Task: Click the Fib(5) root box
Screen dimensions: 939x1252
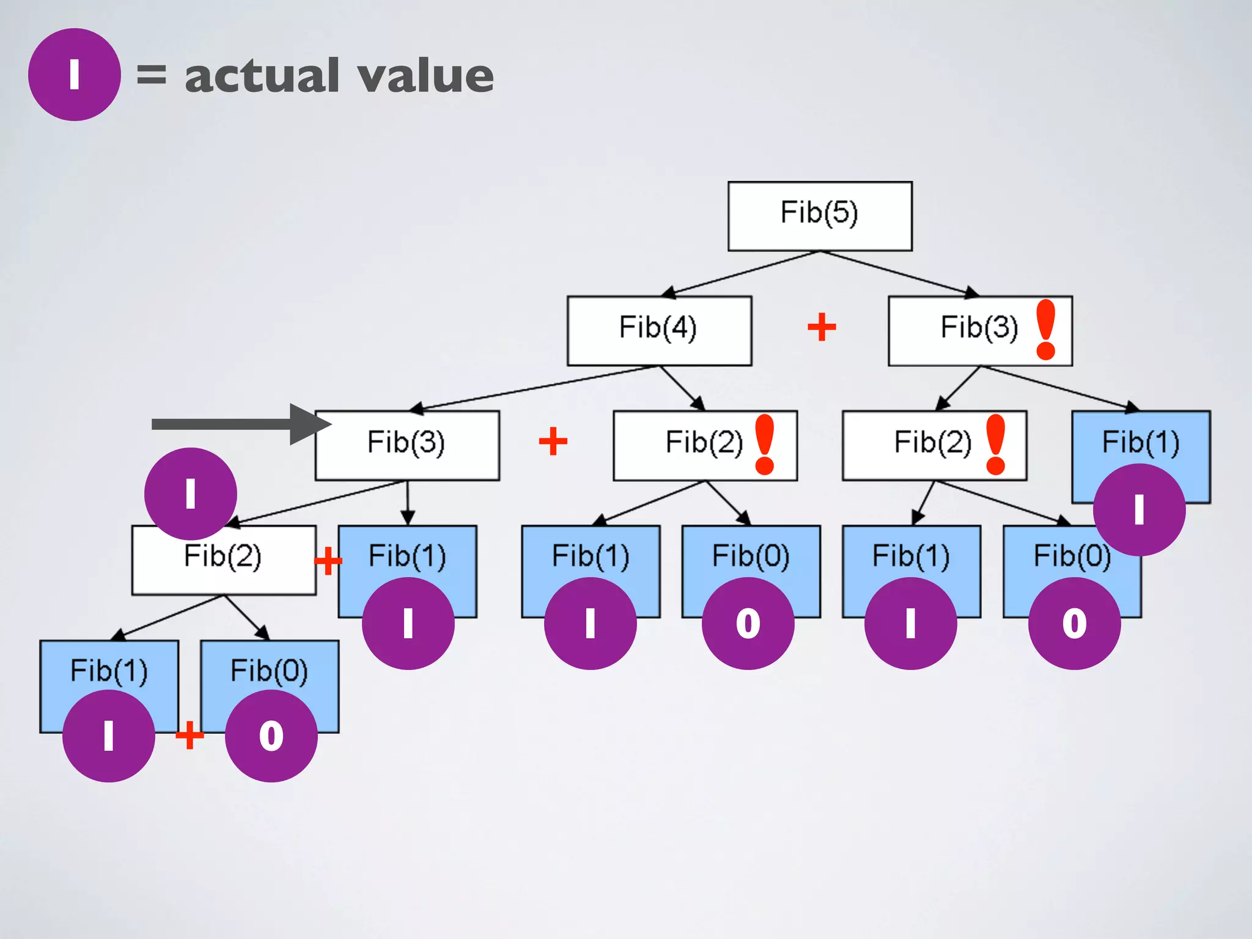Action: tap(819, 215)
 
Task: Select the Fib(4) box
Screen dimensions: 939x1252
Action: tap(658, 330)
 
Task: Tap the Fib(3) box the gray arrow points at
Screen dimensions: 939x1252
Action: tap(407, 444)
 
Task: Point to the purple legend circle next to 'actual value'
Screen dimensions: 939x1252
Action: tap(74, 75)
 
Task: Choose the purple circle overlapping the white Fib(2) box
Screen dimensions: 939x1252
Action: tap(190, 493)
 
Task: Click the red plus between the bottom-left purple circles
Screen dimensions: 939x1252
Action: tap(190, 735)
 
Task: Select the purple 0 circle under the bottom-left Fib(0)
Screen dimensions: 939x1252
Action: tap(271, 735)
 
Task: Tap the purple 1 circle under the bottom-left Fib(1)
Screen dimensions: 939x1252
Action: tap(109, 735)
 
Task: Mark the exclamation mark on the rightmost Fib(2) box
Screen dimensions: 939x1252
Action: tap(995, 444)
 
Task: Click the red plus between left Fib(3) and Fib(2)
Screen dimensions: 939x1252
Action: tap(553, 441)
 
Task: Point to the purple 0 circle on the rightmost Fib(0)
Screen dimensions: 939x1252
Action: tap(1074, 624)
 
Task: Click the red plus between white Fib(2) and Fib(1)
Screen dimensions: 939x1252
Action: tap(328, 561)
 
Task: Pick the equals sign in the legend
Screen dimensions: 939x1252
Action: tap(151, 75)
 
